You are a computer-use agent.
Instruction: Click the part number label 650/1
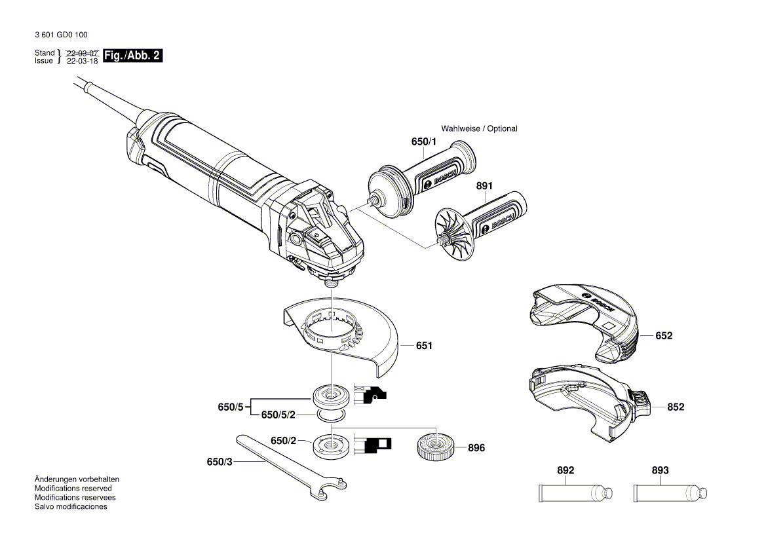click(x=423, y=141)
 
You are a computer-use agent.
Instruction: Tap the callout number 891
click(x=484, y=186)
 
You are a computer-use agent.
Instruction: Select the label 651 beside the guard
click(x=424, y=345)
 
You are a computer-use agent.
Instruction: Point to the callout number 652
click(x=664, y=335)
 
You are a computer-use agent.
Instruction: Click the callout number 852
click(x=676, y=407)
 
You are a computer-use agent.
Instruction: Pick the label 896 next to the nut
click(x=476, y=448)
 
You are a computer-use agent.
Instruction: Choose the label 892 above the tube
click(x=565, y=470)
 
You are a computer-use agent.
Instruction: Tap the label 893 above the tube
click(x=661, y=470)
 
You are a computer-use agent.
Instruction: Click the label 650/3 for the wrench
click(x=220, y=462)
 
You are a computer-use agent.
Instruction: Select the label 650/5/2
click(x=278, y=415)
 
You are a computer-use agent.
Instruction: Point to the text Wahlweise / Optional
click(x=479, y=128)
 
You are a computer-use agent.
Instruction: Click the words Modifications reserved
click(x=73, y=489)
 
